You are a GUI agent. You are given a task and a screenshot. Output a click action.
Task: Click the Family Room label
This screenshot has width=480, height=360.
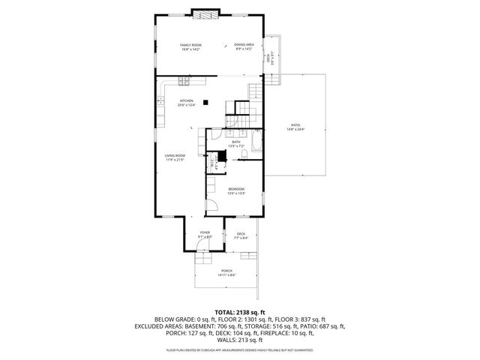point(190,47)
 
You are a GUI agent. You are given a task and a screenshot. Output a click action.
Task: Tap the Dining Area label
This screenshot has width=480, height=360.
point(244,47)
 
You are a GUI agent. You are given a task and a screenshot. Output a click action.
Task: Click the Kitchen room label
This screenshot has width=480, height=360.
point(186,103)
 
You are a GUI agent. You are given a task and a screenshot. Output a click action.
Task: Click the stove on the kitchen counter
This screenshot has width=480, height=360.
point(183,80)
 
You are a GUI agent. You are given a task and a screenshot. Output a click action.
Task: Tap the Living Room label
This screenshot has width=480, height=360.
point(174,158)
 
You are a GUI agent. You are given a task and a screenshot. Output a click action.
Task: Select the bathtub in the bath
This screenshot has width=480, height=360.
point(256,143)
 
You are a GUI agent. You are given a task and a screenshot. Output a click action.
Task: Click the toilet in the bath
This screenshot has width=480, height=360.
point(241,154)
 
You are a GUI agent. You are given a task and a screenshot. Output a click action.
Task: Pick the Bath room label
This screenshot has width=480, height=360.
point(235,142)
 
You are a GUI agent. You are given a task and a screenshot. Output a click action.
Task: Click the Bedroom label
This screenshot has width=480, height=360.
point(236,190)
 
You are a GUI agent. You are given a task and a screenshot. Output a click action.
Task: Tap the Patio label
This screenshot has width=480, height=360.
point(295,127)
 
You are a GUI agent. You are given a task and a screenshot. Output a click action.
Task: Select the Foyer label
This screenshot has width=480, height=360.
point(205,235)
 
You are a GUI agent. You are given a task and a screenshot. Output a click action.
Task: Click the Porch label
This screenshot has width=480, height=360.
point(226,273)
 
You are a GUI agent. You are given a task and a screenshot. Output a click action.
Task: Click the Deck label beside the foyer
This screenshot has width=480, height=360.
point(241,235)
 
